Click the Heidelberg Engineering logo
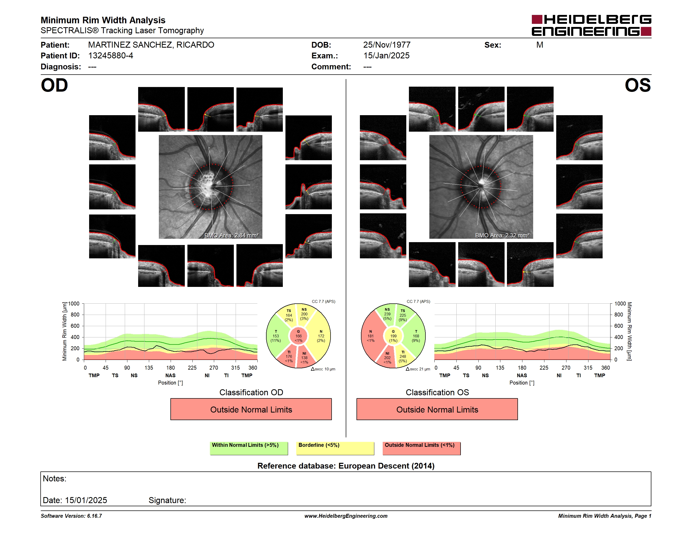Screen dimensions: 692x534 click(591, 25)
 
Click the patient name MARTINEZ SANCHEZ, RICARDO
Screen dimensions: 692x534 click(151, 45)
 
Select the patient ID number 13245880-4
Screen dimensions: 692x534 click(111, 56)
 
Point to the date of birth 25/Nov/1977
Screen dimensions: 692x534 click(387, 45)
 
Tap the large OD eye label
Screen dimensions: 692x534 click(55, 85)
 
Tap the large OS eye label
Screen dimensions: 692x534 click(637, 85)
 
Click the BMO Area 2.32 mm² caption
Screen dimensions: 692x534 click(502, 235)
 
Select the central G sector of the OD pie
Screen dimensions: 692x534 click(299, 336)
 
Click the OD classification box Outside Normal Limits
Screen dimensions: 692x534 click(251, 409)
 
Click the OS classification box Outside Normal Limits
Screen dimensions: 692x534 click(437, 409)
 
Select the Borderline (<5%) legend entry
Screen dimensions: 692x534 click(335, 448)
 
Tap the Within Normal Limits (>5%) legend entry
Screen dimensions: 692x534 click(249, 448)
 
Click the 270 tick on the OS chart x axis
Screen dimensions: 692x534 click(566, 368)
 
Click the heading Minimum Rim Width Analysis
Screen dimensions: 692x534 click(103, 20)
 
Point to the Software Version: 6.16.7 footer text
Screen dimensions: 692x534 click(71, 516)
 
